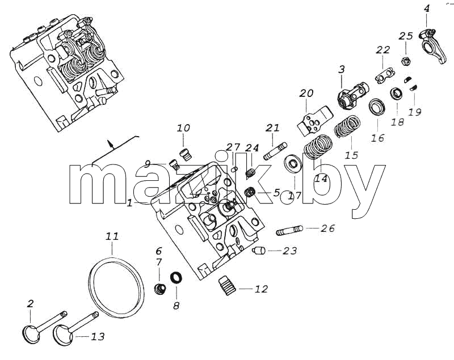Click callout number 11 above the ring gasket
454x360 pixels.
pos(112,236)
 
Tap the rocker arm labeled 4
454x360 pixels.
pos(431,46)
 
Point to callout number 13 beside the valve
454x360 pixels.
pos(98,337)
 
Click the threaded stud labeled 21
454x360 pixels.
pos(275,151)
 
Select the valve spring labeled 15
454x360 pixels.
pos(347,126)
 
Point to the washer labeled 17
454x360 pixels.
pos(294,164)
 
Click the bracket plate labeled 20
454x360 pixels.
pos(314,121)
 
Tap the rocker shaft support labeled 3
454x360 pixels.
pos(353,95)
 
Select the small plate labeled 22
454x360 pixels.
pos(385,75)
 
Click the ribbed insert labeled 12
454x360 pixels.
pos(228,286)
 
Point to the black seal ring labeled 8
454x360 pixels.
pos(176,277)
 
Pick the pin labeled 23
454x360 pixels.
pos(259,250)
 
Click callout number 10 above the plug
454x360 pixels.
pos(183,128)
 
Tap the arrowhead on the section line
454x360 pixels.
pos(110,143)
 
